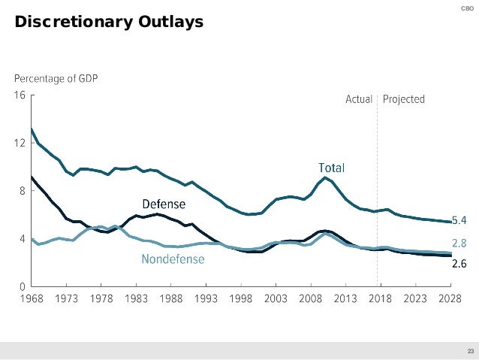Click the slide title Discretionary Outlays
110,23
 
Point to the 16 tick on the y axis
20,95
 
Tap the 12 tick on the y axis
20,143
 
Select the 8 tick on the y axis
22,191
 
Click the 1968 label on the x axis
31,299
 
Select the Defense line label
164,204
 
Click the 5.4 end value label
459,221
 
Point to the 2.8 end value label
459,244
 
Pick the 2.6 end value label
459,263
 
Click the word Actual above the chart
359,99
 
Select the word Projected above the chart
404,99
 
